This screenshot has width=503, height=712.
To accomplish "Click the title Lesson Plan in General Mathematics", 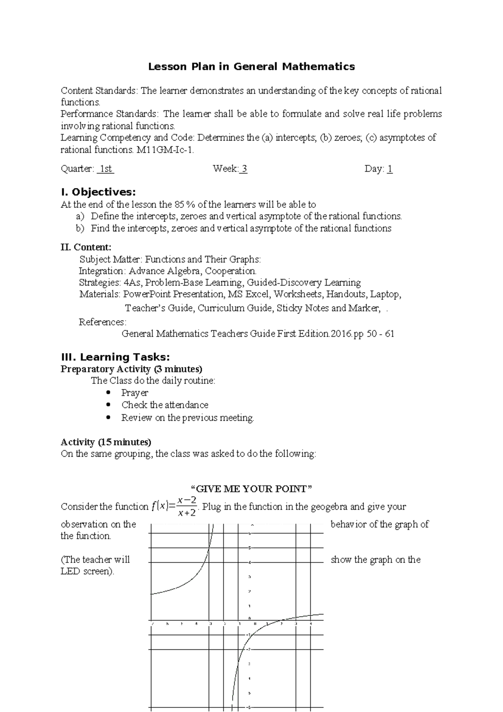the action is tap(251, 66).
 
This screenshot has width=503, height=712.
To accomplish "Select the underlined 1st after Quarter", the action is tap(106, 169).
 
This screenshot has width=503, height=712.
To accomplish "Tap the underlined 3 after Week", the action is tap(244, 169).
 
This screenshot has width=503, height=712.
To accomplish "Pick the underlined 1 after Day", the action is tap(390, 169).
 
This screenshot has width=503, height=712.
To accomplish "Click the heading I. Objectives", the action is tap(99, 192).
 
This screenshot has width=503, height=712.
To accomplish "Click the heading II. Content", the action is tap(86, 247).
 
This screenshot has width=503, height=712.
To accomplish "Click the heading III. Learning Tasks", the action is tap(115, 357).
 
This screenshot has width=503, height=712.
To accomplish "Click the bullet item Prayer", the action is tap(135, 393).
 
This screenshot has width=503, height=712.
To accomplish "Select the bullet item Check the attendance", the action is tap(165, 405).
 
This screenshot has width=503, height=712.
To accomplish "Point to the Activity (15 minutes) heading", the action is tap(106, 442).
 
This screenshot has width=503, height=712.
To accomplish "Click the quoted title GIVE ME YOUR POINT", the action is tap(251, 489).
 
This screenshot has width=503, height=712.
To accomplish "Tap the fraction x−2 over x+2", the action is tap(187, 507).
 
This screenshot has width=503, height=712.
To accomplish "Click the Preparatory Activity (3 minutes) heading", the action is tap(131, 369).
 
